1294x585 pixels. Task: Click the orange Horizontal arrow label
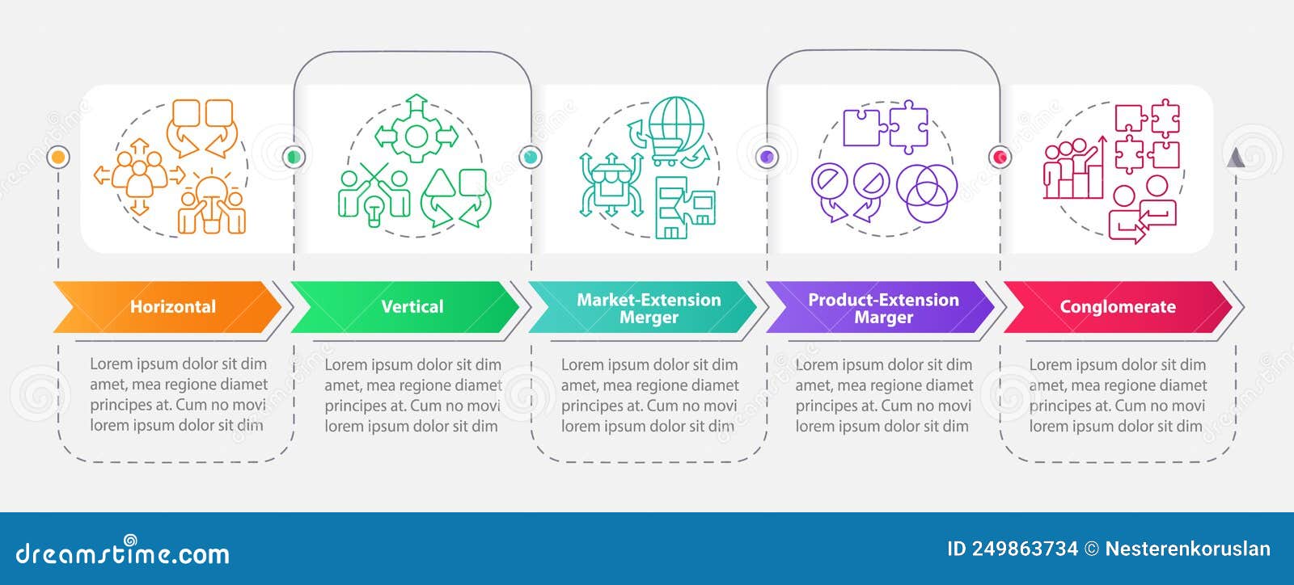click(172, 307)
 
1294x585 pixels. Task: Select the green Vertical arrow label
click(412, 307)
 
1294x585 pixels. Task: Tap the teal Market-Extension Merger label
click(648, 308)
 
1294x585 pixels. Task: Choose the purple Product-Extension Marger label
click(883, 308)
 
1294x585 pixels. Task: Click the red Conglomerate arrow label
click(1117, 307)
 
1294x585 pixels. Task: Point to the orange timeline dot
click(58, 156)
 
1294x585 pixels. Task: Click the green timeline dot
click(294, 156)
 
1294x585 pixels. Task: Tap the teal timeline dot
click(530, 156)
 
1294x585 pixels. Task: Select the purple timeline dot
click(767, 156)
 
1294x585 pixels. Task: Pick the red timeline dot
click(1000, 156)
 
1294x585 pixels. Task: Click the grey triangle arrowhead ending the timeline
click(1235, 157)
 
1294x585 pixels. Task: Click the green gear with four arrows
click(416, 135)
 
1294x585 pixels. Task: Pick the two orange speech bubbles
click(202, 125)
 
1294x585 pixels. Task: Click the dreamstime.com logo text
click(123, 553)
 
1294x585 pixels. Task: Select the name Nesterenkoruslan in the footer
click(1187, 549)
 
